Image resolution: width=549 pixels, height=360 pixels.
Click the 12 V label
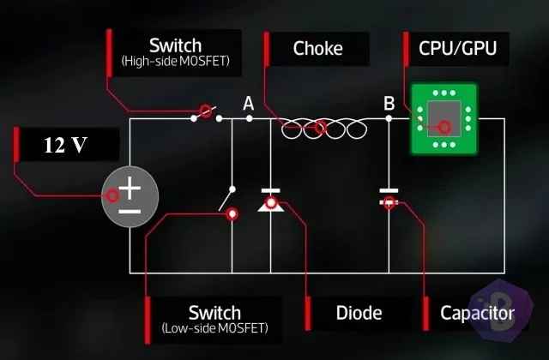(x=65, y=145)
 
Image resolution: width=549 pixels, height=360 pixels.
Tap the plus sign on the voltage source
(x=130, y=188)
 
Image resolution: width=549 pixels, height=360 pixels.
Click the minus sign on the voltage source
(x=130, y=212)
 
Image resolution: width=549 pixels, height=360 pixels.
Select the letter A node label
(x=248, y=104)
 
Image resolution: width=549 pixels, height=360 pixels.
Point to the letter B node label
(x=389, y=104)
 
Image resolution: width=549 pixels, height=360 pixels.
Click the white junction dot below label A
(x=249, y=118)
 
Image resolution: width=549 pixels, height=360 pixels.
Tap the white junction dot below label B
(x=389, y=118)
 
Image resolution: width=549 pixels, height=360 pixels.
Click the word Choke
(x=317, y=48)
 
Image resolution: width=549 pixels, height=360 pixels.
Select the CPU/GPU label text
(x=457, y=48)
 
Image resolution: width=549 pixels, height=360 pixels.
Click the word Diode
(x=359, y=313)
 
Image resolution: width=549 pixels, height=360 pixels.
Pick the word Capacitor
(x=477, y=313)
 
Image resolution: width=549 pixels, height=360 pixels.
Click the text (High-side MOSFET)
(x=175, y=61)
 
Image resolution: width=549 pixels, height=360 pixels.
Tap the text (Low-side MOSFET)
(x=215, y=328)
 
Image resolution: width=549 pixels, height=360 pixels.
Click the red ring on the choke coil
(x=320, y=128)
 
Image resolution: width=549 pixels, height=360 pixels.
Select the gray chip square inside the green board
(x=444, y=118)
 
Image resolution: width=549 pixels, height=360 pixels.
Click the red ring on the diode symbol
(x=271, y=202)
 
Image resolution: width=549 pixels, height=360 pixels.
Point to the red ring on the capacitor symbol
(x=389, y=202)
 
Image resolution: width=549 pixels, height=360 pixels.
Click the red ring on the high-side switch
(x=206, y=111)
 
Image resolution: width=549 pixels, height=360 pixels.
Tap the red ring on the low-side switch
(x=232, y=213)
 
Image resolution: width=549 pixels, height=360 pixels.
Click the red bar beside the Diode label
(x=308, y=314)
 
